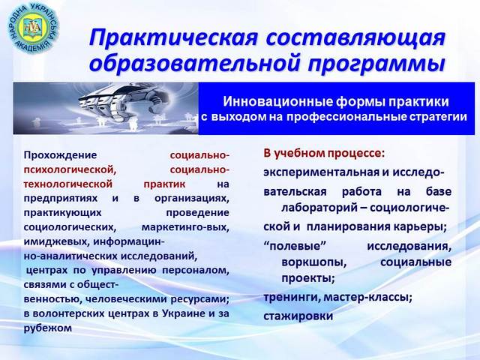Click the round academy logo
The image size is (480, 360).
[32, 28]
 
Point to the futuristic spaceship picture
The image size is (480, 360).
[106, 108]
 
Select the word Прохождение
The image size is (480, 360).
[60, 155]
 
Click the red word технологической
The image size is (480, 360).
[68, 184]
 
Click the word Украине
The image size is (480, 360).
[183, 313]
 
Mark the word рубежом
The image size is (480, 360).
[48, 328]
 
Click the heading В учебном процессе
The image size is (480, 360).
[324, 153]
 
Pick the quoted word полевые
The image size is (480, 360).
[294, 245]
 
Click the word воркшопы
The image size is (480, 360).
[314, 262]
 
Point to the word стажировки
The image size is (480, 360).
[298, 316]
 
